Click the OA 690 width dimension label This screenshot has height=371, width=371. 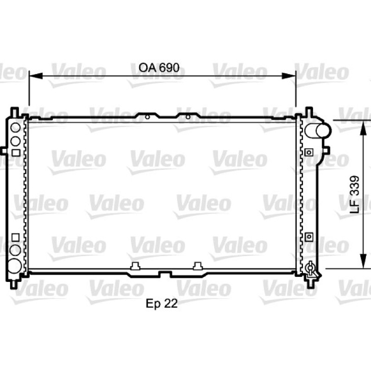click(159, 68)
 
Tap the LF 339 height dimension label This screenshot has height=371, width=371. click(354, 194)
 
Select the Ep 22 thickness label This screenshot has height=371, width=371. click(161, 304)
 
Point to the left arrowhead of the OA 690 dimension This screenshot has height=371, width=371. click(36, 76)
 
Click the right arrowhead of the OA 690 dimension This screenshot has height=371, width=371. click(289, 76)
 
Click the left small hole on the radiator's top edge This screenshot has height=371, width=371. click(147, 117)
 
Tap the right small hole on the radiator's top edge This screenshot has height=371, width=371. click(188, 117)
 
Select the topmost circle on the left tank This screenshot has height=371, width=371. click(16, 128)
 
